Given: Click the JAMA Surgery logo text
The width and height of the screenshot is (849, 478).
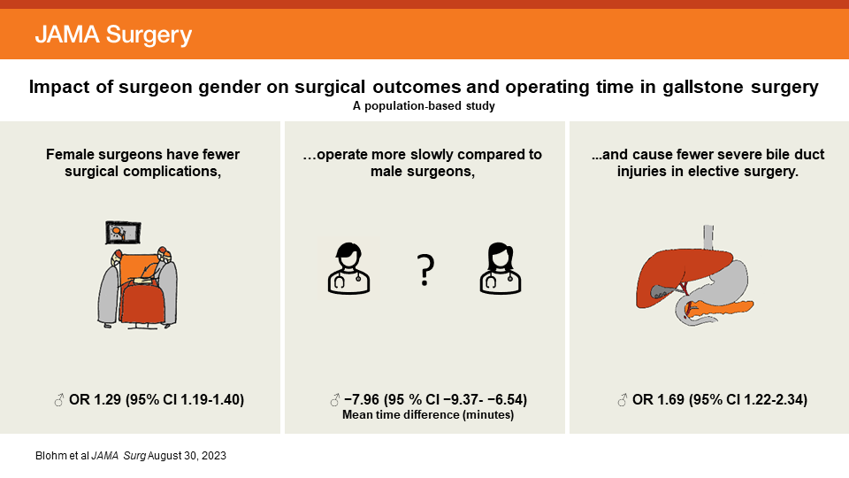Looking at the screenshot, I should click(x=113, y=35).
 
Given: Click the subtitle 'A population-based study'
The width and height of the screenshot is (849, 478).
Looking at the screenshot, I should click(x=424, y=106).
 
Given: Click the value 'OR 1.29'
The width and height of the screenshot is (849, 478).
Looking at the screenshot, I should click(x=96, y=401).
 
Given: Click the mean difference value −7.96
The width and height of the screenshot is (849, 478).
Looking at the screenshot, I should click(x=363, y=401).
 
